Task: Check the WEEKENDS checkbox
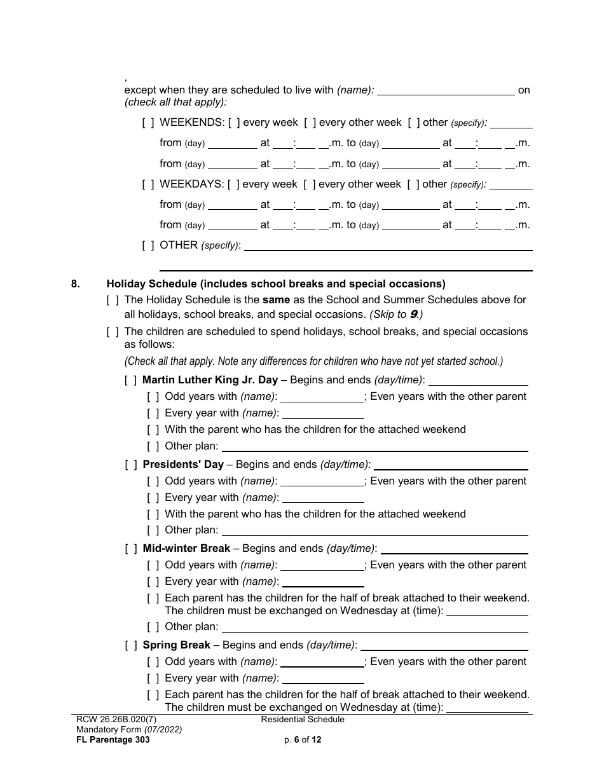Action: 148,123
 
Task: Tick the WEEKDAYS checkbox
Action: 148,184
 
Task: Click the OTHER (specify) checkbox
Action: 148,245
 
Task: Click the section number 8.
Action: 75,284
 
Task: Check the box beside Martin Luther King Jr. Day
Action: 130,380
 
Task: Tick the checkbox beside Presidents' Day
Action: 130,465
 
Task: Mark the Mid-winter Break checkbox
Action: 130,549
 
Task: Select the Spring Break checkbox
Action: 130,645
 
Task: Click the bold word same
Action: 277,300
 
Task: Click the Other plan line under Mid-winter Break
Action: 374,628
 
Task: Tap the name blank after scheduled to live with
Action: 446,91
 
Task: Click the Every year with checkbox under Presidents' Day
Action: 153,498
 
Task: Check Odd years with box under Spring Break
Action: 153,662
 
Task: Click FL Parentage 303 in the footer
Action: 113,740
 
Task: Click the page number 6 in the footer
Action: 296,740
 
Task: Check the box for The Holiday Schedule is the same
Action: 113,300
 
